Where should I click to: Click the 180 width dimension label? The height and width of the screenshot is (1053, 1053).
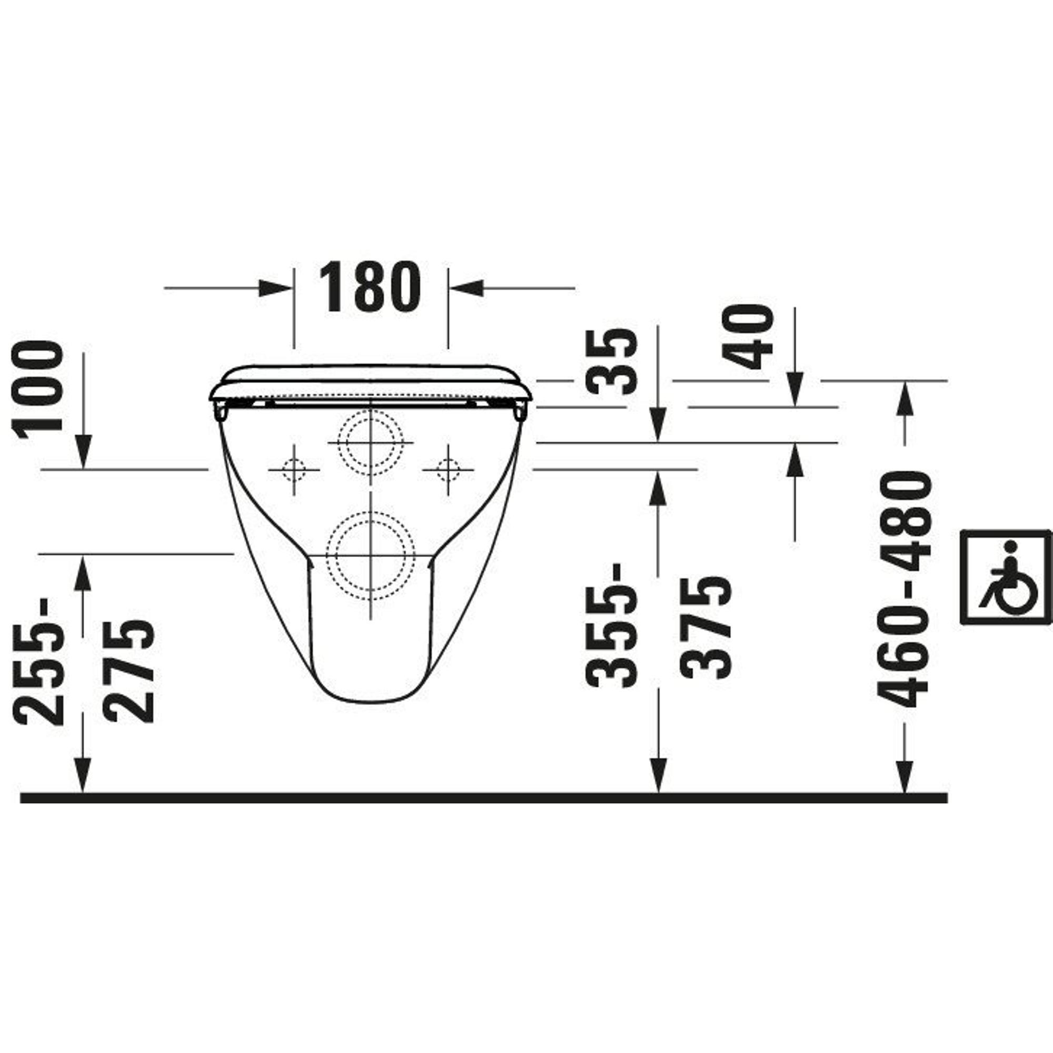[370, 287]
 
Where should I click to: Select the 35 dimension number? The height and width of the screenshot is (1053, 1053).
[611, 361]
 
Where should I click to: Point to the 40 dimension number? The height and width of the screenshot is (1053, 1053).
[747, 336]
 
